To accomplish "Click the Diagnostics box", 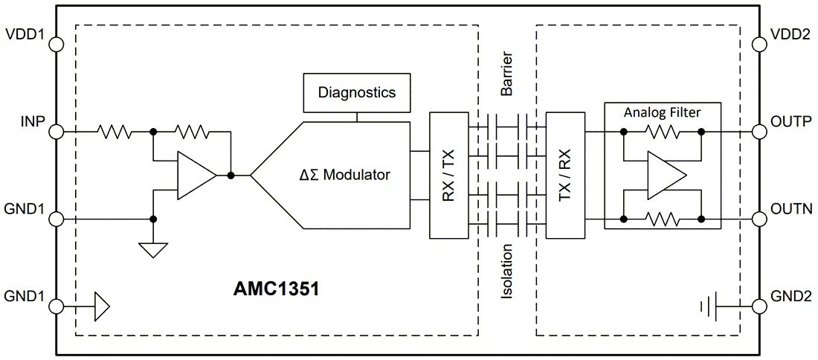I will pos(356,93).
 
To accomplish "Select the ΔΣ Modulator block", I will pos(342,176).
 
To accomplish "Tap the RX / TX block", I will pos(448,176).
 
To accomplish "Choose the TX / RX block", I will pos(565,176).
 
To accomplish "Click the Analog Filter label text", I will pos(662,112).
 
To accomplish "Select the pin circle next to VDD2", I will pos(760,44).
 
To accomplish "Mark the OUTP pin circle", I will pos(760,132).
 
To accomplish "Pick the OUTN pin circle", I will pos(760,219).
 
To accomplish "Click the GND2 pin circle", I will pos(760,306).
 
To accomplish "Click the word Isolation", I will pos(506,275).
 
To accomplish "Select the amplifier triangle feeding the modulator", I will pos(195,176).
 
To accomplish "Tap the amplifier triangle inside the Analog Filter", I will pos(665,176).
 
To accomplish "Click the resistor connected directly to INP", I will pos(115,132).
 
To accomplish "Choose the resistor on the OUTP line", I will pos(662,132).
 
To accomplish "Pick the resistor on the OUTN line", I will pos(662,219).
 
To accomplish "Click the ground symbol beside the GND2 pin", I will pos(708,306).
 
